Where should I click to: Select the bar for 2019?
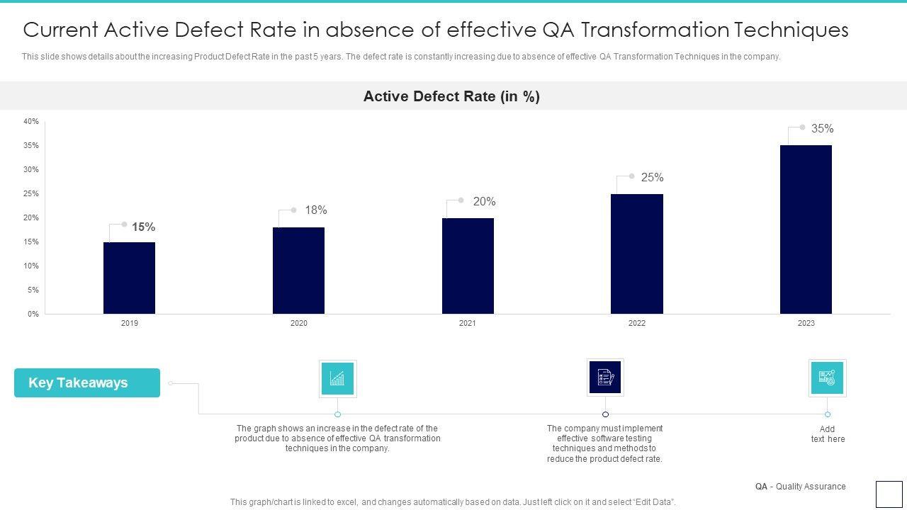[x=129, y=278]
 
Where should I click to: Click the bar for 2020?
[x=298, y=271]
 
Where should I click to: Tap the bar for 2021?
[x=468, y=266]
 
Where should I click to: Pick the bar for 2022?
[x=637, y=254]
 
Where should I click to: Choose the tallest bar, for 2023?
[x=806, y=229]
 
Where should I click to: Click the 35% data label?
[x=822, y=129]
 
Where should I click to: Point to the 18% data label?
[x=316, y=210]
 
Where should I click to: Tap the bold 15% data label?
[x=143, y=227]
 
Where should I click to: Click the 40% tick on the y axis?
[x=31, y=122]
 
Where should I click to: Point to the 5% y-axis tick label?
[x=33, y=290]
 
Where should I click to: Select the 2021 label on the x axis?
[x=468, y=324]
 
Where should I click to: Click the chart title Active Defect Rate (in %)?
[x=451, y=96]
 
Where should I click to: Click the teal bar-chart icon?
[x=337, y=378]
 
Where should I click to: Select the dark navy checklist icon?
[x=605, y=377]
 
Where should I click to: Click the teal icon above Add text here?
[x=827, y=378]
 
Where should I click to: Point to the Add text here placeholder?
[x=828, y=434]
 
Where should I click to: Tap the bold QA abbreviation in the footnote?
[x=761, y=487]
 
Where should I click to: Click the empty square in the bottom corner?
[x=889, y=494]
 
